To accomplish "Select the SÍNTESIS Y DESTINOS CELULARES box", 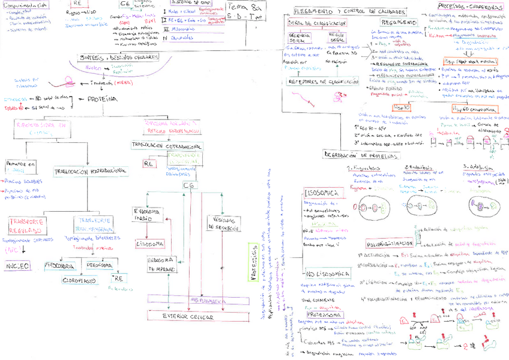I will click(x=119, y=57).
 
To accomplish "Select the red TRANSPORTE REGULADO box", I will click(x=27, y=225).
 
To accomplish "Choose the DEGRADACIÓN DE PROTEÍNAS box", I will click(x=362, y=155).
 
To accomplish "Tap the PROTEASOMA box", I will click(x=325, y=315).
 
